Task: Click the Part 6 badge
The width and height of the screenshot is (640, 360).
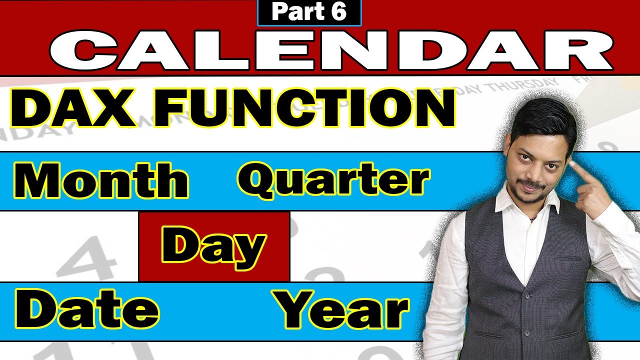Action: point(309,12)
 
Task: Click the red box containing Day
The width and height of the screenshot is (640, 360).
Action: point(214,246)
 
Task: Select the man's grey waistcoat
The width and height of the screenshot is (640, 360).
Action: point(525,280)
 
